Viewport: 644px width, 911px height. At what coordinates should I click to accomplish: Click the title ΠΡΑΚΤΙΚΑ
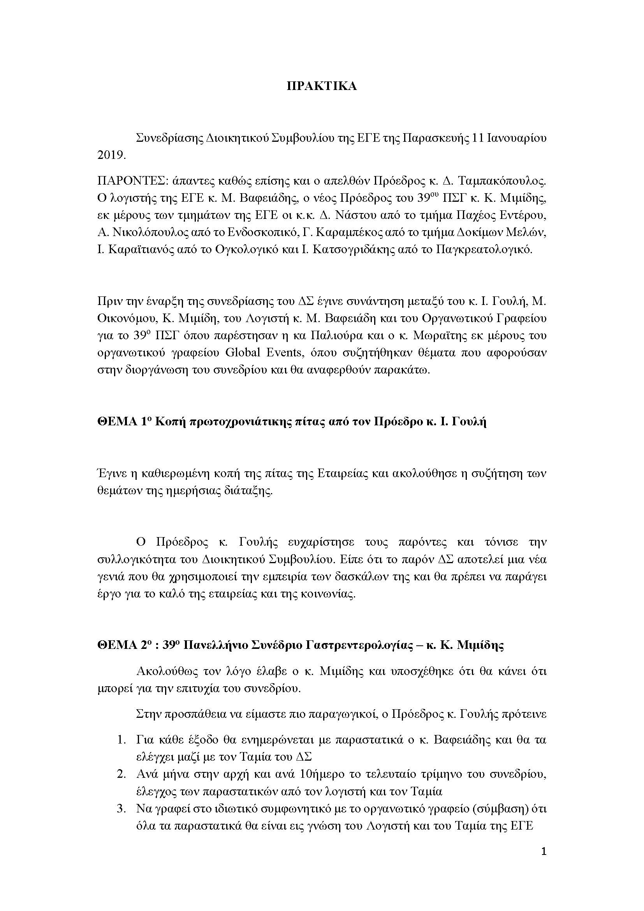click(322, 86)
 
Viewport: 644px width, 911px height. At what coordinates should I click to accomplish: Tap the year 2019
click(111, 155)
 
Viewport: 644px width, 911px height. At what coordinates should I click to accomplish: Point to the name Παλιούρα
click(343, 336)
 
